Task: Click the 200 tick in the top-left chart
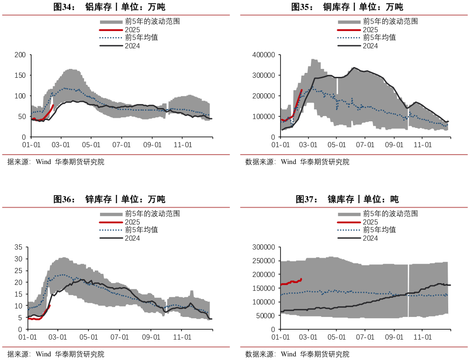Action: click(x=20, y=55)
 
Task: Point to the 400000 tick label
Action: click(x=264, y=55)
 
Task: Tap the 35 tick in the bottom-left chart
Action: click(x=18, y=247)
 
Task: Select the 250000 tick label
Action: click(x=264, y=261)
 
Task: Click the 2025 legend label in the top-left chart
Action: click(x=133, y=30)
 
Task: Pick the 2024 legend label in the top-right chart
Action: click(x=370, y=46)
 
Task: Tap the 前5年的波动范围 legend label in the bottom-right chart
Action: click(x=390, y=214)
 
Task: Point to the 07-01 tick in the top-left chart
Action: click(x=121, y=145)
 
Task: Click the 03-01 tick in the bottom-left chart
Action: click(x=58, y=337)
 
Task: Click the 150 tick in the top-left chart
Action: click(x=20, y=75)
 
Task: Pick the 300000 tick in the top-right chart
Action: click(x=264, y=75)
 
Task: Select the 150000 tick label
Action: click(x=264, y=288)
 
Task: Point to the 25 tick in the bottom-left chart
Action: click(x=18, y=271)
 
